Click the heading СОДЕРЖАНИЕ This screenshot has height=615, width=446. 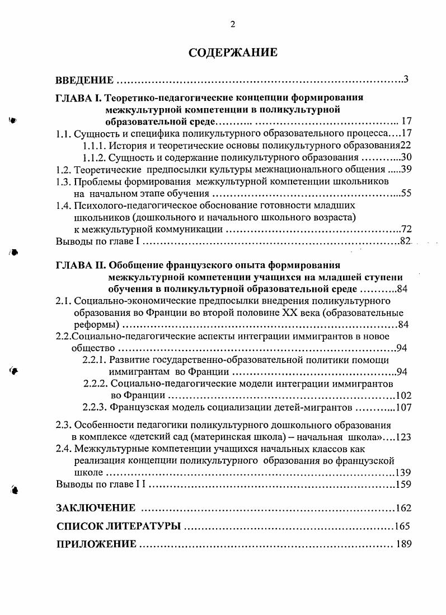(x=232, y=53)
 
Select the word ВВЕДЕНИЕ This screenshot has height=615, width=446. (x=85, y=81)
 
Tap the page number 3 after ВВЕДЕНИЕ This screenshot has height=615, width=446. (x=406, y=79)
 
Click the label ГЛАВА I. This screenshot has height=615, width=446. (x=78, y=97)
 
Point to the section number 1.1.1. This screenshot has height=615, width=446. (x=93, y=145)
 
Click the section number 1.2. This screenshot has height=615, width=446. (x=64, y=169)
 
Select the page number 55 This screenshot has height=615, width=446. (x=406, y=194)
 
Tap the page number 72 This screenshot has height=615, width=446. (x=406, y=230)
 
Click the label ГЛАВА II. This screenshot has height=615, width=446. (x=79, y=265)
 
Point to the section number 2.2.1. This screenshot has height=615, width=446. (x=95, y=360)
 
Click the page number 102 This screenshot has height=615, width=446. (x=403, y=396)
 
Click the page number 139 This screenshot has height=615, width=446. (x=403, y=473)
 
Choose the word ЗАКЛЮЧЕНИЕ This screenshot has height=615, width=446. (x=96, y=508)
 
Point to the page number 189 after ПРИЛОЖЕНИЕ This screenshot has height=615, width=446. (x=403, y=544)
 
